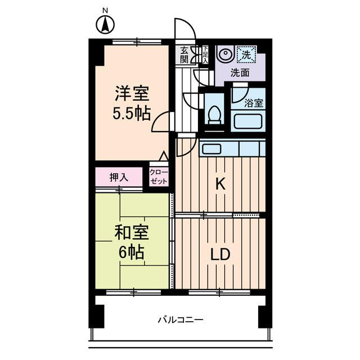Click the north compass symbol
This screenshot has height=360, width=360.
105,24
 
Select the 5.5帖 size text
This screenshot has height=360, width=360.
133,113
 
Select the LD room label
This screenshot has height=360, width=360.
220,254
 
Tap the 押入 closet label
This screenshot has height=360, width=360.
119,177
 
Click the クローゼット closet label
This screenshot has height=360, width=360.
158,177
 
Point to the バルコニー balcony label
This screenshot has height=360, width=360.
180,320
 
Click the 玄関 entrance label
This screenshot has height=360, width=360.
184,55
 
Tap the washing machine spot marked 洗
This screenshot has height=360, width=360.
246,55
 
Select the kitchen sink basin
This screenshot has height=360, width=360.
212,149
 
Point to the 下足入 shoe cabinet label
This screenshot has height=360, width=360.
205,55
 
